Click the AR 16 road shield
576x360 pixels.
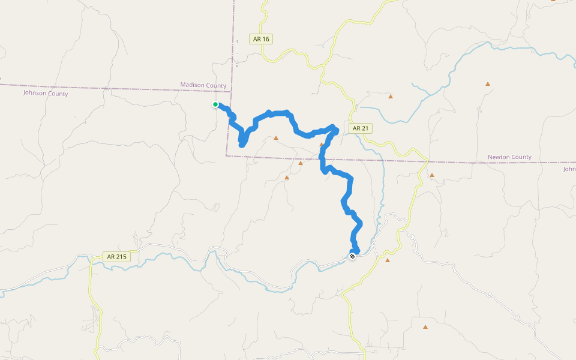(x=262, y=39)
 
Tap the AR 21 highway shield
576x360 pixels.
(x=361, y=128)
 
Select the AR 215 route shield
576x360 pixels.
(x=116, y=256)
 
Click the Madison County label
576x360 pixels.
(x=203, y=85)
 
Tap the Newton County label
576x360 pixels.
(x=509, y=157)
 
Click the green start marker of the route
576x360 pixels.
(x=215, y=104)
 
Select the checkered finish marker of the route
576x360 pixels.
(x=352, y=256)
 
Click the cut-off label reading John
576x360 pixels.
(x=569, y=169)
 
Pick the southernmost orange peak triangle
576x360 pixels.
(x=425, y=327)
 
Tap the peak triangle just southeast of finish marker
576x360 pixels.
(x=388, y=260)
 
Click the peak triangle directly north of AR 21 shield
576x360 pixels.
(x=391, y=96)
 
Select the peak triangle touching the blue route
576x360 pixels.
(x=322, y=145)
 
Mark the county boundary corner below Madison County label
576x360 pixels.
(x=227, y=155)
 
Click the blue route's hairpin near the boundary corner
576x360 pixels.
(x=242, y=144)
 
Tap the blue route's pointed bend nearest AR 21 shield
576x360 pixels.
(x=336, y=128)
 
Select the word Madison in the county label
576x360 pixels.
(x=193, y=85)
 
